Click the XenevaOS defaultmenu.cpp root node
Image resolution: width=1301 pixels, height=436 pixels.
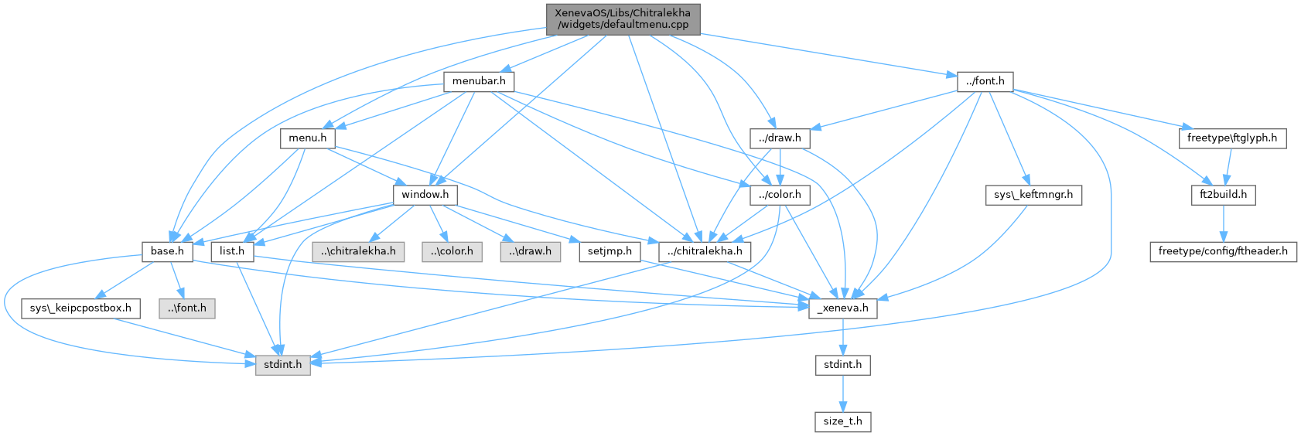(x=623, y=19)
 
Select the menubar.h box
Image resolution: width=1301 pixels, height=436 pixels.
(x=479, y=81)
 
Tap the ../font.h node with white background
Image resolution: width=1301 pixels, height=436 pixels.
(x=985, y=81)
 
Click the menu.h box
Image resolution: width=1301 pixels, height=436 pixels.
(x=307, y=138)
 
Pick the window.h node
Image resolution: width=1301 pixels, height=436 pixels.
(x=425, y=195)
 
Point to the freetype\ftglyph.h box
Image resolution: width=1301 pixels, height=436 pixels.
(x=1232, y=138)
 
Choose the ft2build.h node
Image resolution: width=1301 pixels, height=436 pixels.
(x=1223, y=195)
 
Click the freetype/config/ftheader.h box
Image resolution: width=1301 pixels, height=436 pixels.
(x=1223, y=251)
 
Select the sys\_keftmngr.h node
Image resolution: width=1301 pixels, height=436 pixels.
(x=1033, y=195)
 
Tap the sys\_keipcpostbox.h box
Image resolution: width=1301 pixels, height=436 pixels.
(x=80, y=308)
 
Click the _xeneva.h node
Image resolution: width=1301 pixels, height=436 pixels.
(x=843, y=308)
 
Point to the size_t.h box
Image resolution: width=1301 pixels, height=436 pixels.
(x=842, y=421)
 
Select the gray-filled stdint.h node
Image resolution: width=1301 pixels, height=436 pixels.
(x=283, y=364)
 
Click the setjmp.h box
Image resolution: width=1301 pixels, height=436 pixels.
(x=610, y=251)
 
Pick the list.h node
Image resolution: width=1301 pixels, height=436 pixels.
(x=232, y=251)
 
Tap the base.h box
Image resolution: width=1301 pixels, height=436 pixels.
(x=167, y=251)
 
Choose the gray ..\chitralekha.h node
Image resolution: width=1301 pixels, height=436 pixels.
(x=358, y=251)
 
